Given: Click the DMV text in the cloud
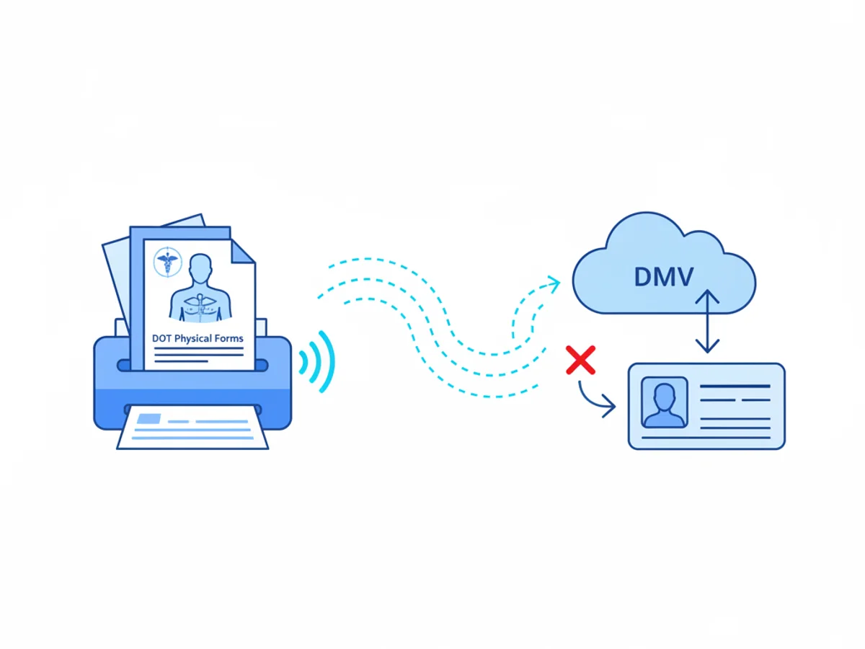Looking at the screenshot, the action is pos(664,277).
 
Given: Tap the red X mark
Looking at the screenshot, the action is pos(580,360).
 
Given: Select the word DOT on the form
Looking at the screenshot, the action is pos(161,338).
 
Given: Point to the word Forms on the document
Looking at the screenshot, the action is pos(229,338).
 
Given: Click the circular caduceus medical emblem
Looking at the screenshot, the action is pos(167,262).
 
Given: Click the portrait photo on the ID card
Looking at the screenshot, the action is pos(665,402).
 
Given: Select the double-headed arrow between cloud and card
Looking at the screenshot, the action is pos(707,321).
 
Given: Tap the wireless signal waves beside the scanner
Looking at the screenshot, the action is pos(317,361).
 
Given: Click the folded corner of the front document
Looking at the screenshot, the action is pos(241,252).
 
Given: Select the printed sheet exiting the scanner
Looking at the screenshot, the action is pos(192,428).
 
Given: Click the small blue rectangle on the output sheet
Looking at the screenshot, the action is pos(148,418).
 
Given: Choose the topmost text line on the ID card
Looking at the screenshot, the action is pos(735,387).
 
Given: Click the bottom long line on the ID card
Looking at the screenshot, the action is pos(706,438).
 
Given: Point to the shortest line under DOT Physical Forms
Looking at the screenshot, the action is pos(181,361).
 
